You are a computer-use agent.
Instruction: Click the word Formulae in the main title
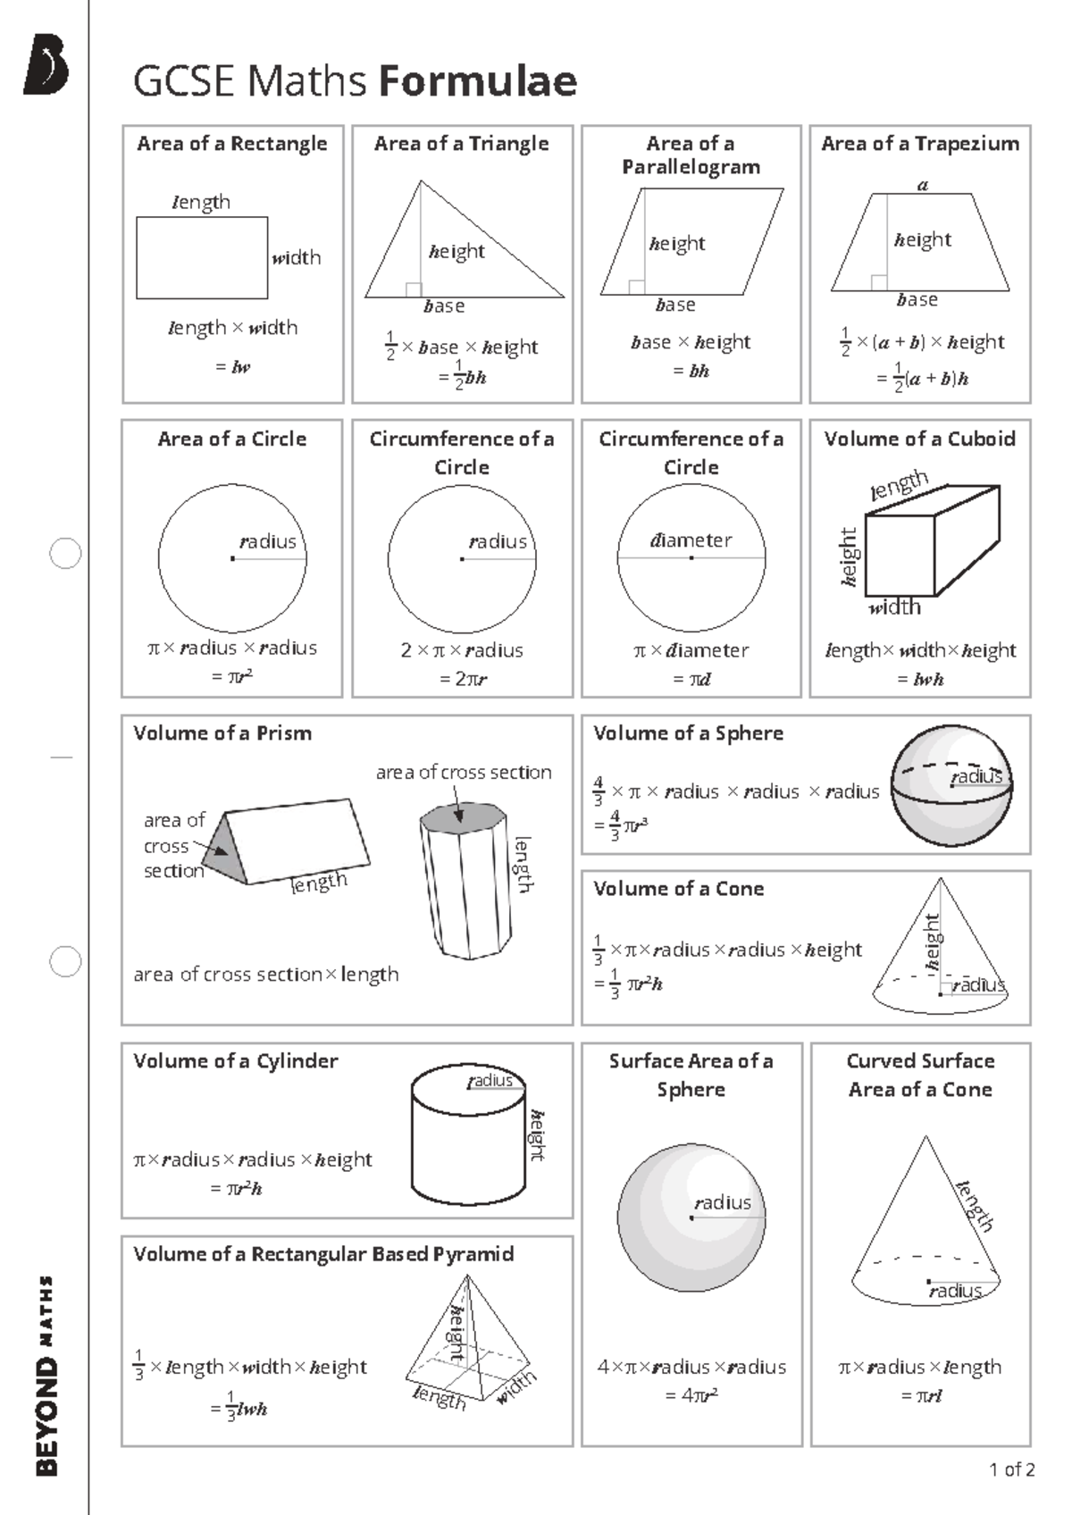(478, 81)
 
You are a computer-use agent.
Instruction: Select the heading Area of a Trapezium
(920, 144)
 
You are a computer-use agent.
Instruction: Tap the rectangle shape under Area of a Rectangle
(202, 257)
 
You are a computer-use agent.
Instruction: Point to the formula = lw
(234, 367)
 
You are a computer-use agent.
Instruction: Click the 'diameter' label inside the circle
(691, 540)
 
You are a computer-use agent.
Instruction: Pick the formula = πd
(691, 679)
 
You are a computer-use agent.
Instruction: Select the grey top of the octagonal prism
(463, 818)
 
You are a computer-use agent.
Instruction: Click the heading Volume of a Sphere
(688, 733)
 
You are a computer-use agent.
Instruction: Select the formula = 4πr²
(691, 1395)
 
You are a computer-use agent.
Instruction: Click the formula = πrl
(921, 1395)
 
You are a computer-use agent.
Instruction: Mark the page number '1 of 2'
(1011, 1469)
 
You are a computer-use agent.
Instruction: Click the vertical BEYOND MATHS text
(46, 1376)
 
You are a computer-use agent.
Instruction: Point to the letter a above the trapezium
(924, 186)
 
